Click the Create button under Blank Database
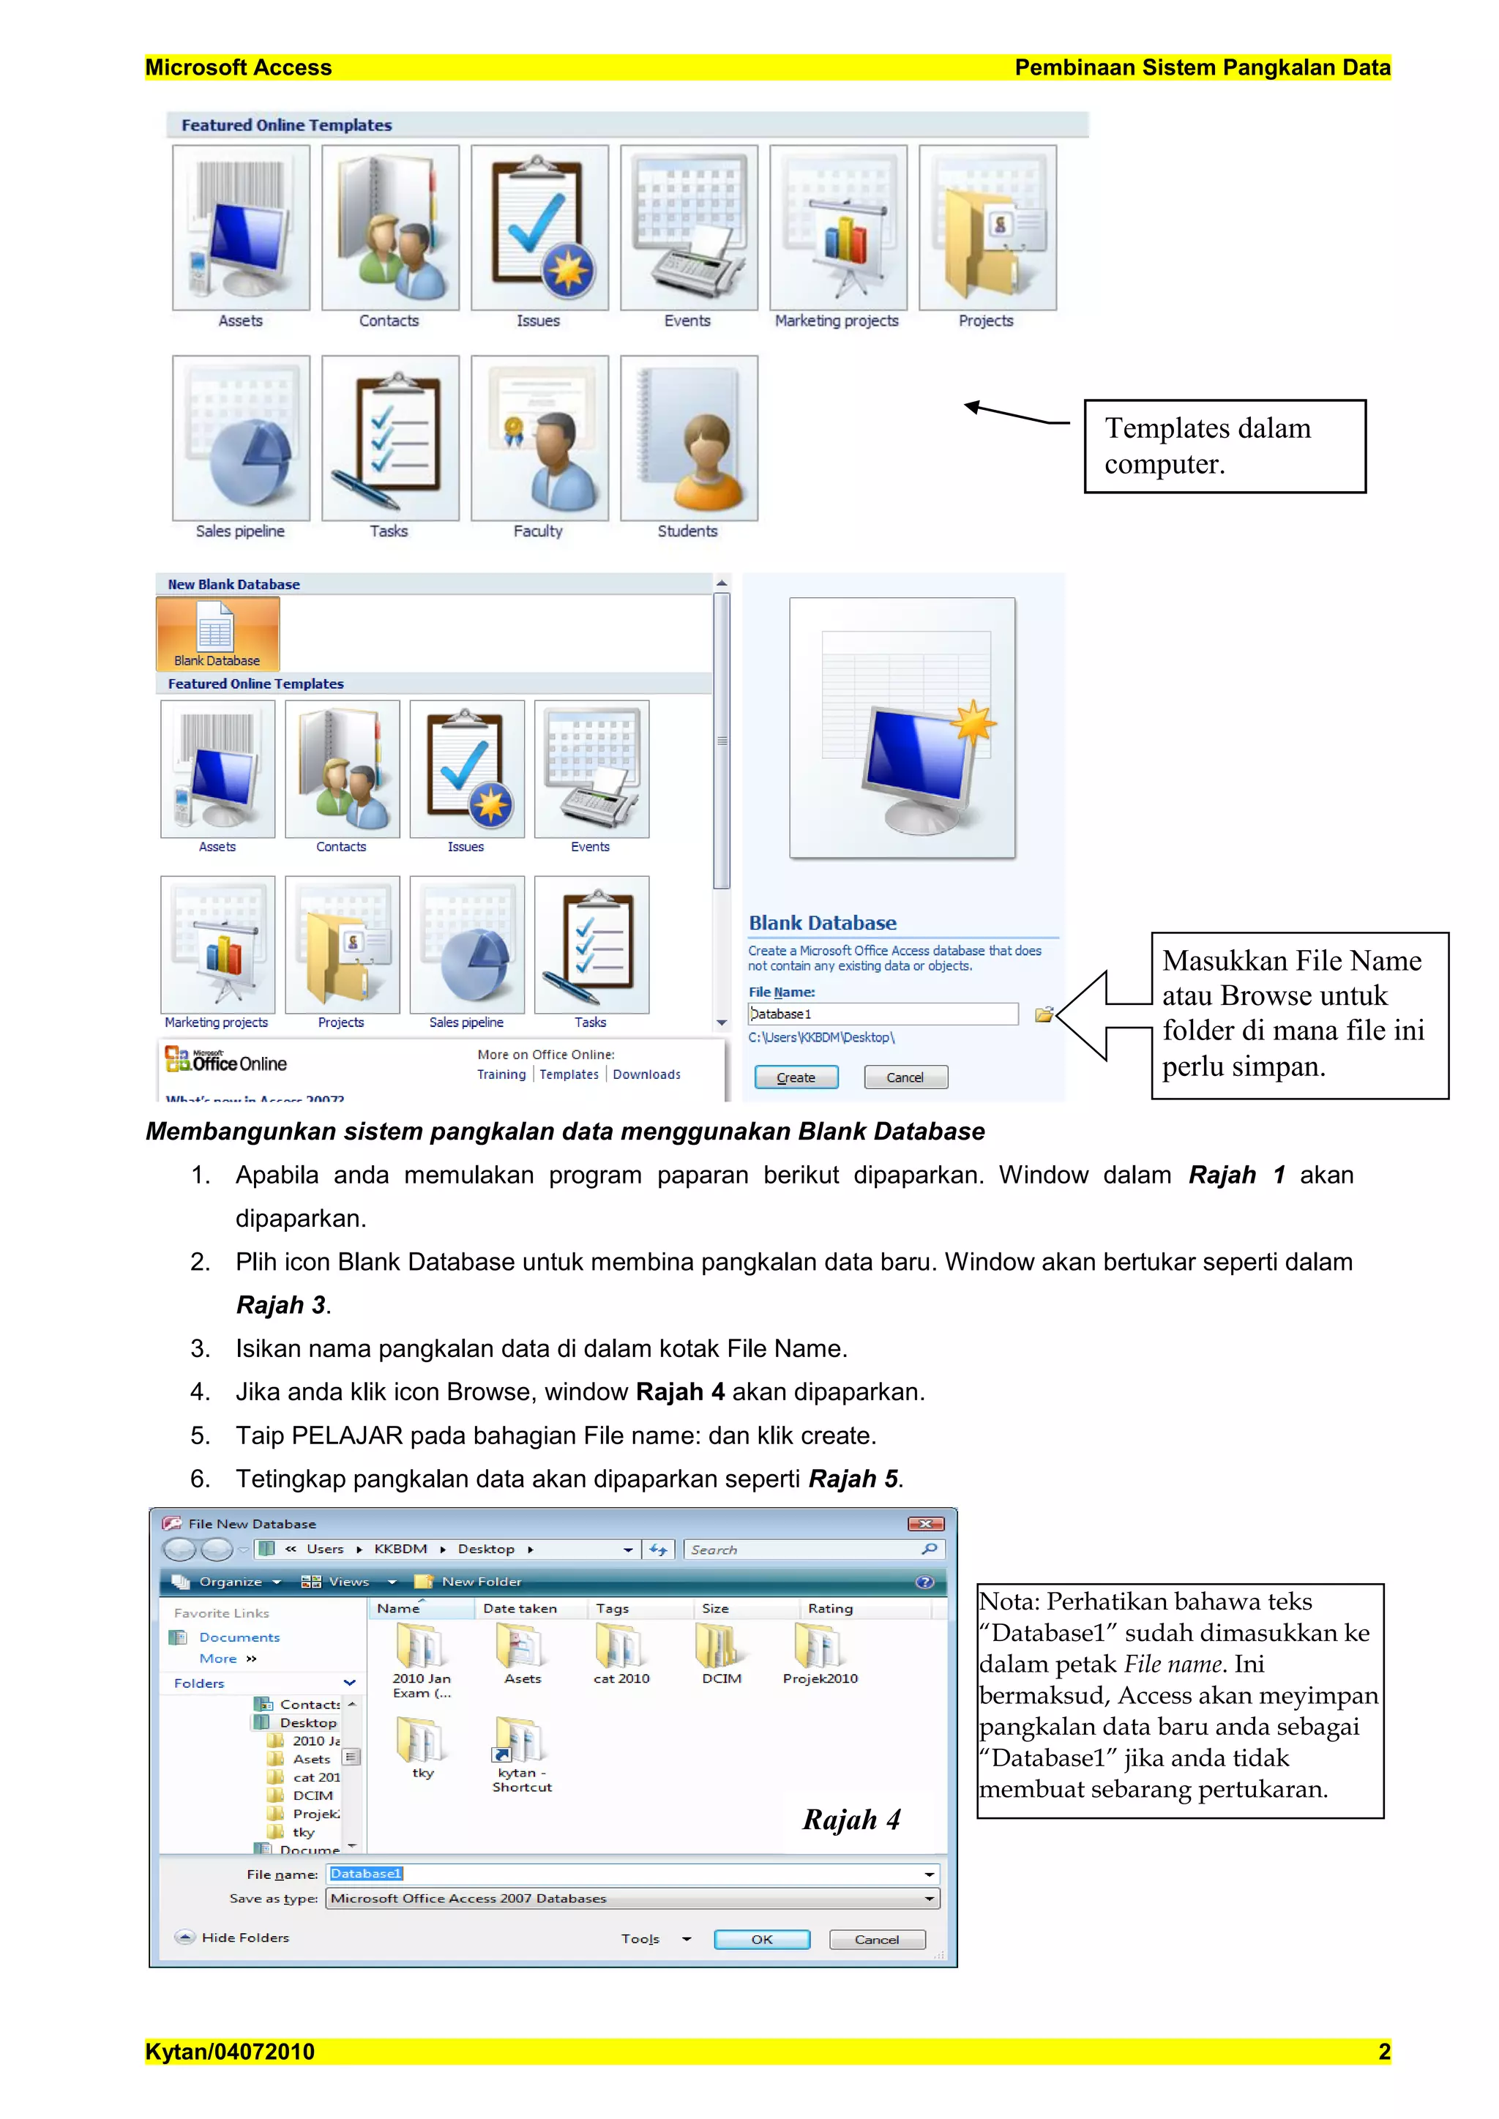pyautogui.click(x=796, y=1077)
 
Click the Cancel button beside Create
pyautogui.click(x=905, y=1077)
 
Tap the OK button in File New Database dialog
pyautogui.click(x=761, y=1939)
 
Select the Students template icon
pyautogui.click(x=689, y=439)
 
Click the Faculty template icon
pyautogui.click(x=539, y=439)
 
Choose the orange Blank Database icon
pyautogui.click(x=217, y=633)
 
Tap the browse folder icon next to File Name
pyautogui.click(x=1043, y=1014)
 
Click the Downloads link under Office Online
pyautogui.click(x=646, y=1075)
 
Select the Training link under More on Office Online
pyautogui.click(x=501, y=1075)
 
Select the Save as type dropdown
pyautogui.click(x=632, y=1899)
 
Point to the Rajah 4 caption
pyautogui.click(x=851, y=1819)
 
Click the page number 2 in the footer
pyautogui.click(x=1383, y=2052)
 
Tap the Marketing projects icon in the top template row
pyautogui.click(x=837, y=229)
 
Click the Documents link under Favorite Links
pyautogui.click(x=239, y=1637)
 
